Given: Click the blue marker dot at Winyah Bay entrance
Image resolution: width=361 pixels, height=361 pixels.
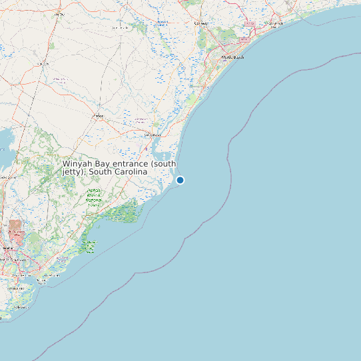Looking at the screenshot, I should (180, 180).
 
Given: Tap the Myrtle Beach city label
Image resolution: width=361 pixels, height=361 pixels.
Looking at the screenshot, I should (233, 57).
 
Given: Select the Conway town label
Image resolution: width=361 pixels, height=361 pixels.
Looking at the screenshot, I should (200, 23).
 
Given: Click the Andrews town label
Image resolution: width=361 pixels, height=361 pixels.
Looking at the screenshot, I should (99, 117).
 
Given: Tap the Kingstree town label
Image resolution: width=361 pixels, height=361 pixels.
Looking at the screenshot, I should (44, 64).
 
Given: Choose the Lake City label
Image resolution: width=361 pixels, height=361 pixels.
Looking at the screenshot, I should (59, 13).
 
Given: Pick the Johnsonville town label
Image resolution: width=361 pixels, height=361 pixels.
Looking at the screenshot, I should (121, 28).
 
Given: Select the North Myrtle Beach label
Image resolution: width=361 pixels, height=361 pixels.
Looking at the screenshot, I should (273, 24).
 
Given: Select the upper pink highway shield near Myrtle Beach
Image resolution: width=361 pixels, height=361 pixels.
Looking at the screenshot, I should (250, 23).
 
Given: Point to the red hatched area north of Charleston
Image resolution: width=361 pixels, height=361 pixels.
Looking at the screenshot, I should (15, 229).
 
